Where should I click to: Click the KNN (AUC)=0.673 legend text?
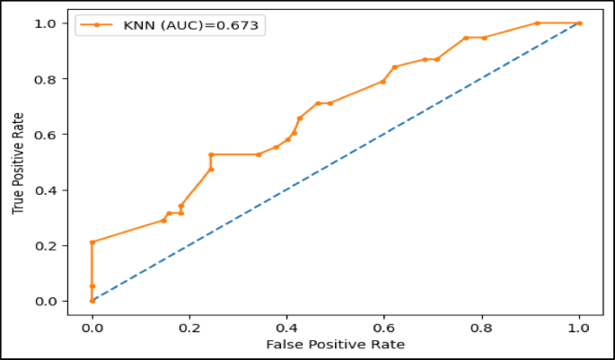pyautogui.click(x=190, y=25)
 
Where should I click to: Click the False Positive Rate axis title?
pyautogui.click(x=335, y=345)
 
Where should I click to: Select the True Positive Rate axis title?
pyautogui.click(x=19, y=162)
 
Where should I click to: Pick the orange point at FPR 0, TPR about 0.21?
pyautogui.click(x=92, y=242)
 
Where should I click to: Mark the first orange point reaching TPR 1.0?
pyautogui.click(x=537, y=23)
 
